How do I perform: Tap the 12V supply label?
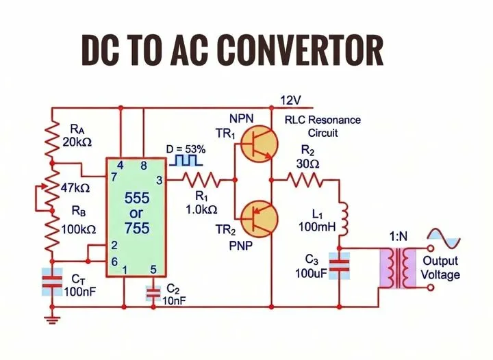pyautogui.click(x=290, y=101)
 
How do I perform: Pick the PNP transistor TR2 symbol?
pyautogui.click(x=259, y=218)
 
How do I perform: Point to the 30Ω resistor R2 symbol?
pyautogui.click(x=307, y=181)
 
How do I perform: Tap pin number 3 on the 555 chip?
pyautogui.click(x=159, y=181)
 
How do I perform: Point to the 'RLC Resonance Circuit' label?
pyautogui.click(x=323, y=126)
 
